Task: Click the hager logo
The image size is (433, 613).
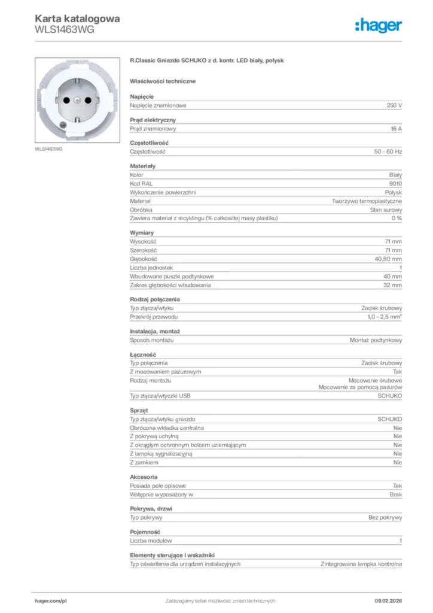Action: point(378,25)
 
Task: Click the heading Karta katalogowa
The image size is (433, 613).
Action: point(77,19)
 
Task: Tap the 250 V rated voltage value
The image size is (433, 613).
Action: point(394,105)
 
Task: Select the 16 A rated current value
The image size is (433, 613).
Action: point(396,129)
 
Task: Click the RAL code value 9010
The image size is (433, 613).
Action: point(395,183)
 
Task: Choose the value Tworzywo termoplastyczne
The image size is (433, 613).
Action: point(367,201)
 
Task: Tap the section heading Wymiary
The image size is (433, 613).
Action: point(142,232)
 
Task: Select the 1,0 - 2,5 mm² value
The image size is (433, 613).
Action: point(385,316)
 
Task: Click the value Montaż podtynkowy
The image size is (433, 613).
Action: point(376,340)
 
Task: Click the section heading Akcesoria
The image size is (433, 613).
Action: point(144,477)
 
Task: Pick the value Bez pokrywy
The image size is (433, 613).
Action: point(385,517)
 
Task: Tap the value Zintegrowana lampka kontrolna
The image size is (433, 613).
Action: point(361,564)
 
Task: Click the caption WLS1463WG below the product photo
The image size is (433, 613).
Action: point(48,149)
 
